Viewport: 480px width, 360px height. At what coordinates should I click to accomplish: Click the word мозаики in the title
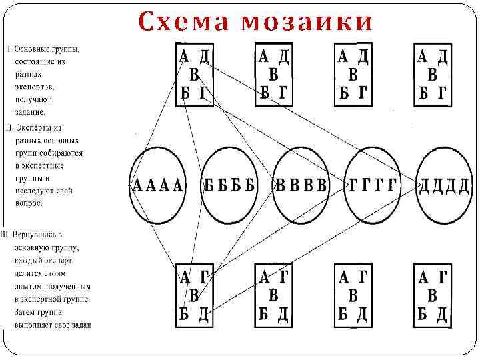coord(307,22)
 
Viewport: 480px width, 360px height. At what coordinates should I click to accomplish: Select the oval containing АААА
coord(158,185)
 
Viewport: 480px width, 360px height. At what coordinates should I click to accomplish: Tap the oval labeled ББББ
coord(230,185)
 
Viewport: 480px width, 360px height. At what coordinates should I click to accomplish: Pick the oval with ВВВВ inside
coord(301,185)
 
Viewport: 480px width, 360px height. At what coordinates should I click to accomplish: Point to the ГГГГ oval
coord(372,185)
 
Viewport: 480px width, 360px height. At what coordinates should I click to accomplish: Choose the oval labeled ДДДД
coord(444,185)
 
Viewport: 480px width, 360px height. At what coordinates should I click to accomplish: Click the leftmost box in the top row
coord(194,74)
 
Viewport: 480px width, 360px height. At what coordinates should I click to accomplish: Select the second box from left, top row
coord(273,74)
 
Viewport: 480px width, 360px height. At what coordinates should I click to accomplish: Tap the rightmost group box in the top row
coord(433,74)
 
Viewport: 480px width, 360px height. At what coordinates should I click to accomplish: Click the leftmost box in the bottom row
coord(194,295)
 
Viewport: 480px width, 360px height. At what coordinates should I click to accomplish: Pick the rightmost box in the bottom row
coord(433,295)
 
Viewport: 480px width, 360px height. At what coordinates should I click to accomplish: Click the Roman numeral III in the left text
coord(5,235)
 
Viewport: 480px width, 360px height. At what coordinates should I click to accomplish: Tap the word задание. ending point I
coord(32,113)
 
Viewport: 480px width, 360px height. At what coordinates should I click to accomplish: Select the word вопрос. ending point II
coord(29,203)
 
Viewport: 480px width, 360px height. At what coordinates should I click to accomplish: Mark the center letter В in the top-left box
coord(194,74)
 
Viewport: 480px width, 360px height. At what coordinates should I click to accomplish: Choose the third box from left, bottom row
coord(353,295)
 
